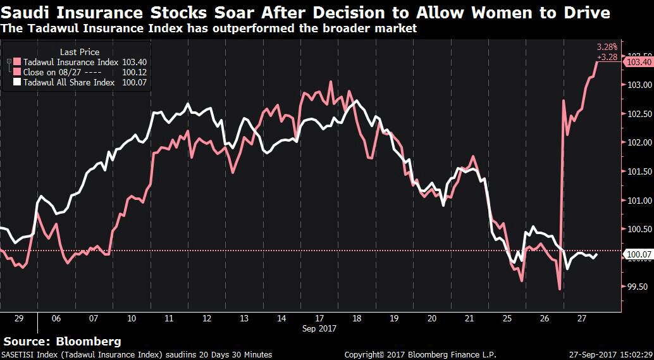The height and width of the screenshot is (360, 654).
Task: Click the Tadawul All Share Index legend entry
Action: (68, 82)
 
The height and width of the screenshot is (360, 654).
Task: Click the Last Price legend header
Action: (79, 52)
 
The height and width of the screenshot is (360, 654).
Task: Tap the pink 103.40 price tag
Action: (638, 62)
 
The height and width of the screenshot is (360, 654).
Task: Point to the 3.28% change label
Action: (608, 47)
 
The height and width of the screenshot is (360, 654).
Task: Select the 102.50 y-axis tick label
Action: (638, 114)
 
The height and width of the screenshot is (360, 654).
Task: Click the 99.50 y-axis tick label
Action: (638, 287)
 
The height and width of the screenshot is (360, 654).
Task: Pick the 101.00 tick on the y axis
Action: (638, 201)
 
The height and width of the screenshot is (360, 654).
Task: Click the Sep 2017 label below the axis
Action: (319, 328)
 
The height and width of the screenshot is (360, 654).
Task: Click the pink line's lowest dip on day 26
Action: (560, 290)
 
